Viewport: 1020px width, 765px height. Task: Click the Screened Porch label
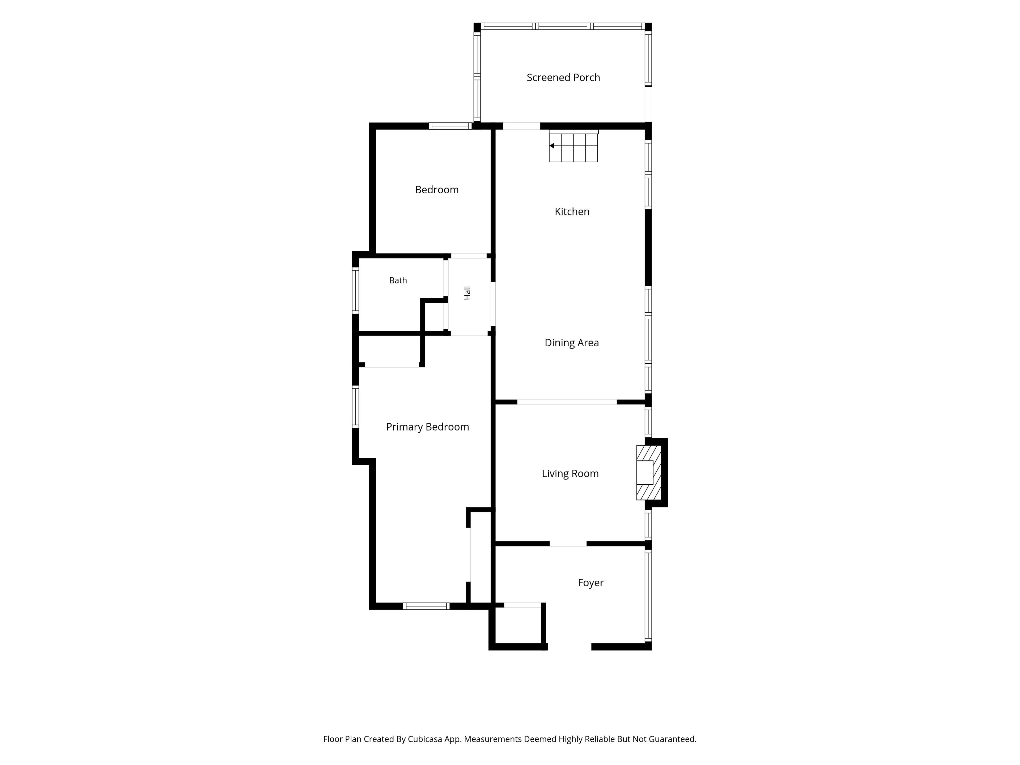click(x=563, y=78)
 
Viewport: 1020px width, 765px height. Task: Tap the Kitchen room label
click(x=572, y=212)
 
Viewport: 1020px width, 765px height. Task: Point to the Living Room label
click(x=570, y=474)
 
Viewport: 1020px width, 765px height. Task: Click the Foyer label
click(x=591, y=583)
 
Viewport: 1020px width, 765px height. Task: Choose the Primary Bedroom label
click(x=427, y=427)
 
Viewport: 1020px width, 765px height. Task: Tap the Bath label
click(x=398, y=280)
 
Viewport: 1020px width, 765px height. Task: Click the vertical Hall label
click(x=467, y=293)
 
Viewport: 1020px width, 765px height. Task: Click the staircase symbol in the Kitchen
click(x=573, y=146)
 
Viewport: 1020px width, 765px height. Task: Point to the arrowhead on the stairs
click(x=551, y=146)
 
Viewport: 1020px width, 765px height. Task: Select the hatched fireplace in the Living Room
click(x=649, y=473)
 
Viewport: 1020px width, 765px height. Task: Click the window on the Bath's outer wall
click(x=355, y=291)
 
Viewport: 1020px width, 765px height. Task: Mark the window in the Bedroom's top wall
click(x=450, y=126)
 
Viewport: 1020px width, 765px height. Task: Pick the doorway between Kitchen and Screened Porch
click(x=521, y=126)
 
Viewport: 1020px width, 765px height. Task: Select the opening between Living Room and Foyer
click(x=568, y=544)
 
